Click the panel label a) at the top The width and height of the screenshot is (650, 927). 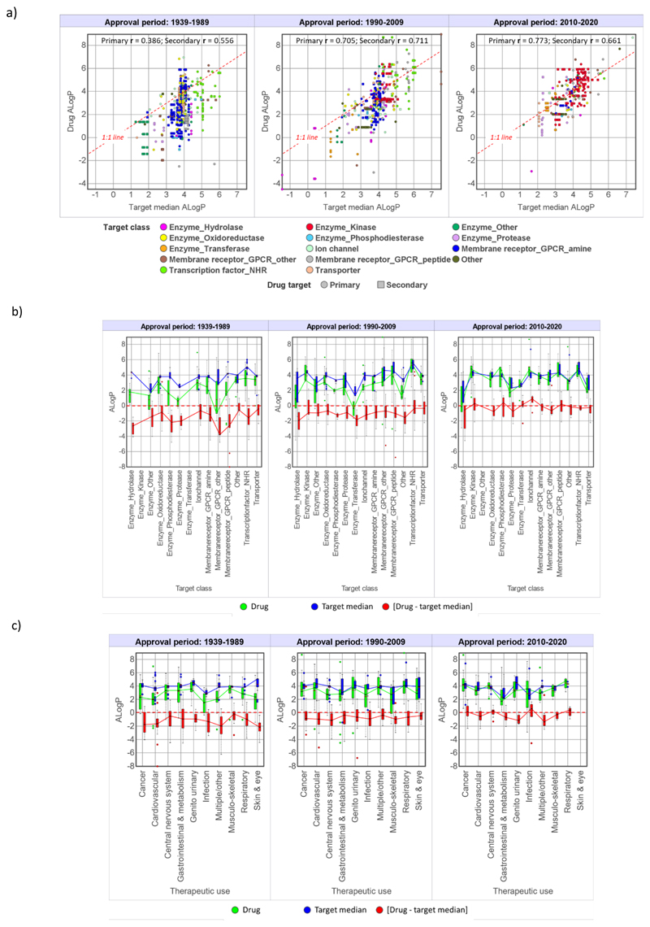[x=11, y=11]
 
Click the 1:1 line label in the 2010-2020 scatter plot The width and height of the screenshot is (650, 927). [x=504, y=137]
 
